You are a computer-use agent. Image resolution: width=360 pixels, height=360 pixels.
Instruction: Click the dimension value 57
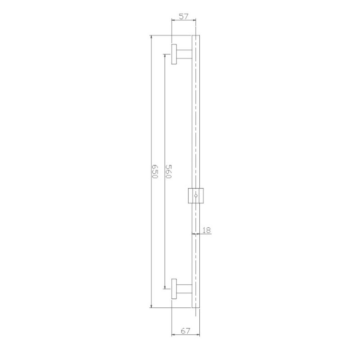184,17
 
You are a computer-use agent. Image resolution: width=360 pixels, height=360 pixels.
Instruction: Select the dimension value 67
185,331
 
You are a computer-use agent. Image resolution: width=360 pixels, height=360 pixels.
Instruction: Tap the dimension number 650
155,171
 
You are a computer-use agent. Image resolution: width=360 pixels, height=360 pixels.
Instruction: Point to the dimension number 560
168,172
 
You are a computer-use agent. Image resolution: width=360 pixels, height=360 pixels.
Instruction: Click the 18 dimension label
207,230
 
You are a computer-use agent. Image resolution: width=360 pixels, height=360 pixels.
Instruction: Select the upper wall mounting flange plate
174,54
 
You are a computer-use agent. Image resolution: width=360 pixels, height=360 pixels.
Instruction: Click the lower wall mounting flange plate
174,289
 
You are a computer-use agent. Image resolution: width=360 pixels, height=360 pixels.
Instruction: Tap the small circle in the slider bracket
196,196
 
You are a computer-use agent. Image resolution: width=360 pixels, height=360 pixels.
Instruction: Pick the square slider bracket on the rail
196,196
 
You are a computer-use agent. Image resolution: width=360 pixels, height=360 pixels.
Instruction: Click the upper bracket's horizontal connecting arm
184,54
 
